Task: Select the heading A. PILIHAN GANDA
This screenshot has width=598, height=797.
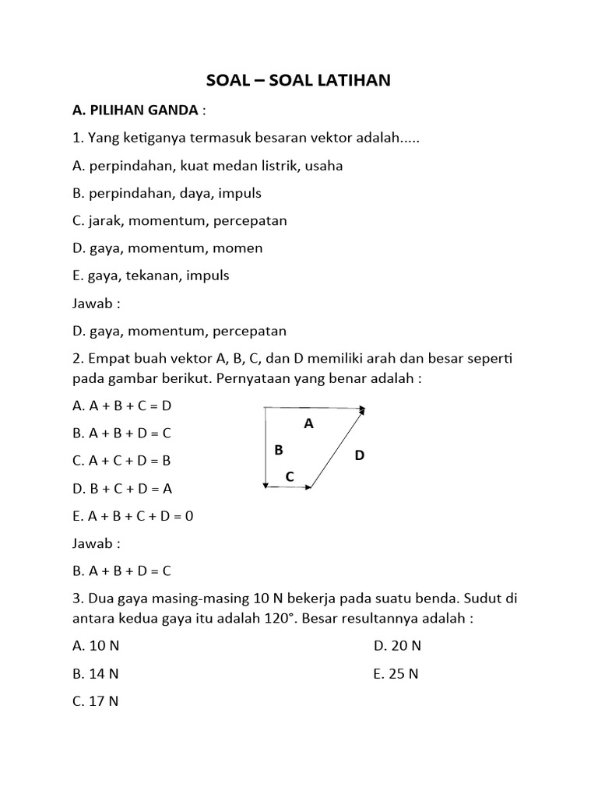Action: point(135,111)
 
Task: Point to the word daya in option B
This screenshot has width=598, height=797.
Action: point(192,193)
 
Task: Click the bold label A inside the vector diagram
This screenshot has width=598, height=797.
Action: point(308,423)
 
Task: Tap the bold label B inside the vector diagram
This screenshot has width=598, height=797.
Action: point(279,450)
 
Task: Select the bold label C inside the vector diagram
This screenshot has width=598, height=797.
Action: point(290,476)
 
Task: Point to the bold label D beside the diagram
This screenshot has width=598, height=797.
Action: point(359,455)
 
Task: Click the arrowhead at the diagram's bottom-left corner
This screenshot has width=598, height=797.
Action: point(266,486)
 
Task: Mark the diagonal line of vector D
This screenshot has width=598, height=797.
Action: point(337,448)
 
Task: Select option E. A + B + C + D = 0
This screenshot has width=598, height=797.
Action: point(132,515)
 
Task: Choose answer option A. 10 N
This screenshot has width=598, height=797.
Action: point(96,646)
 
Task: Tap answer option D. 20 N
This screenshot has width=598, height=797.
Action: point(397,646)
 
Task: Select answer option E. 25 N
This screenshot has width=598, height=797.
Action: point(396,674)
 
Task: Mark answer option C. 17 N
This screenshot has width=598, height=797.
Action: point(96,701)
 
